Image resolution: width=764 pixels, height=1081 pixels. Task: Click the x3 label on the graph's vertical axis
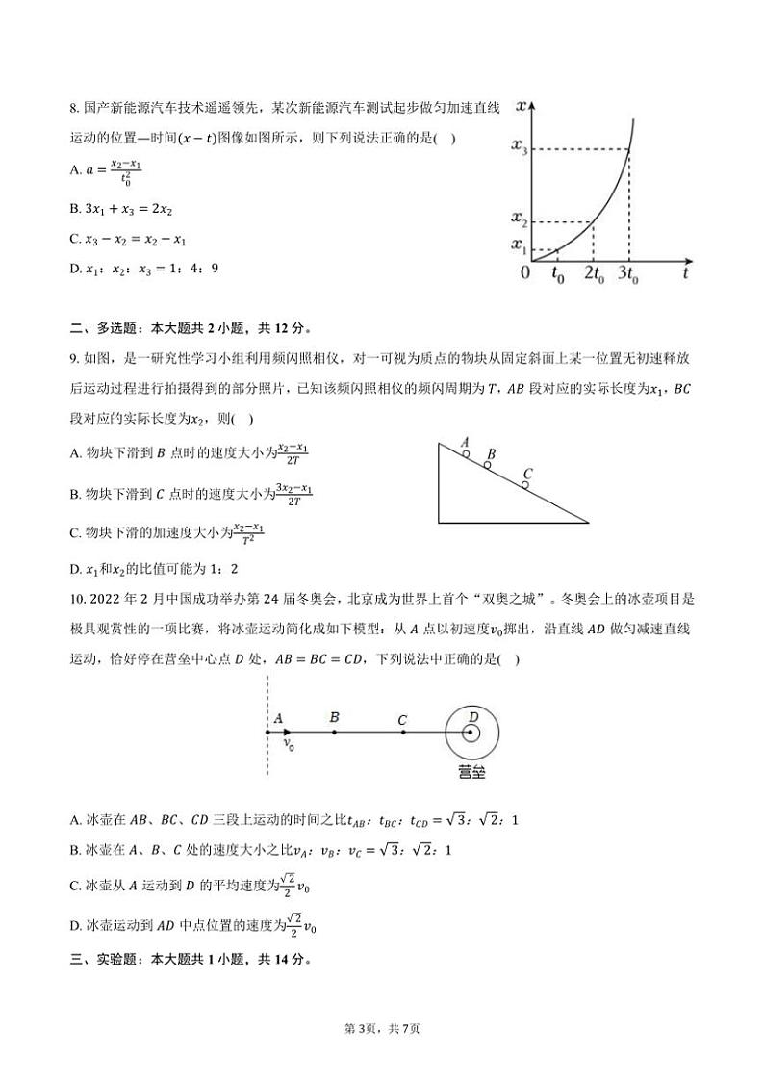tap(519, 149)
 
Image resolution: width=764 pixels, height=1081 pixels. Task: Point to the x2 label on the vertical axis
tap(519, 220)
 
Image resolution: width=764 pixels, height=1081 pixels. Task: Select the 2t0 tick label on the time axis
tap(591, 274)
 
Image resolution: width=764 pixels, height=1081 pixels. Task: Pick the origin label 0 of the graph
tap(525, 273)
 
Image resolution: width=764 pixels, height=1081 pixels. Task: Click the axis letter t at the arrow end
tap(684, 273)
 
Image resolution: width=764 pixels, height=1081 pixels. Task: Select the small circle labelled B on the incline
tap(488, 465)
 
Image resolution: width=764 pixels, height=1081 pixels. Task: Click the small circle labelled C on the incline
tap(524, 485)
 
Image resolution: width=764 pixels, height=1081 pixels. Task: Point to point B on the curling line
tap(334, 733)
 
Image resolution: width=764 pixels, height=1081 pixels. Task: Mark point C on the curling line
tap(402, 733)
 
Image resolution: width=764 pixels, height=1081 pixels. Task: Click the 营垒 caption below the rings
tap(472, 772)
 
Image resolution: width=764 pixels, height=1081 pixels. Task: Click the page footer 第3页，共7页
tap(382, 1029)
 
